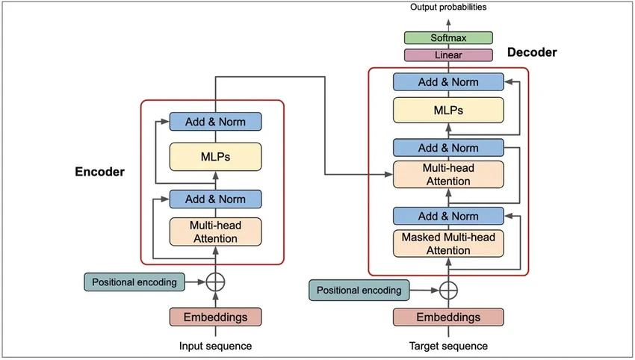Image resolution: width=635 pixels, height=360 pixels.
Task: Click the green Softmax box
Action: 448,37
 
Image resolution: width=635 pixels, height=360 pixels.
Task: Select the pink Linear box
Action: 448,55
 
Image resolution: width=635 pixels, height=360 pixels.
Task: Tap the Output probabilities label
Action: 448,7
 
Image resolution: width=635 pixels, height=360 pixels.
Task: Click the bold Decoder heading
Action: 532,52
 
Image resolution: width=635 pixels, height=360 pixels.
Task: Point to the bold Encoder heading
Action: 99,172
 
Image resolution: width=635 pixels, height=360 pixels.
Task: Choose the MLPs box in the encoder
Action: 215,156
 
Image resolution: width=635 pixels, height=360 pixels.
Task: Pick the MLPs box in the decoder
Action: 448,110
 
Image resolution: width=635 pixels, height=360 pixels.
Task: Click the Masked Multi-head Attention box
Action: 448,243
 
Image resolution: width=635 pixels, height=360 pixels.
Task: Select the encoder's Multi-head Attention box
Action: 215,231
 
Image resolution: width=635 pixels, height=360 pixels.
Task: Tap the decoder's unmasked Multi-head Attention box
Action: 448,174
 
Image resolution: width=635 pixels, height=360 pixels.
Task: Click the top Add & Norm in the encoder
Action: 215,121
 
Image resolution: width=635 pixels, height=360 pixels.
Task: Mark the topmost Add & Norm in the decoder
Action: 448,82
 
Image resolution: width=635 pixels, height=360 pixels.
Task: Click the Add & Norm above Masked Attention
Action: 448,217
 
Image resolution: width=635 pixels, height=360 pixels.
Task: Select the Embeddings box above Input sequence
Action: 215,317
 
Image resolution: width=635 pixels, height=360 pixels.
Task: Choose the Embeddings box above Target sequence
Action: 448,317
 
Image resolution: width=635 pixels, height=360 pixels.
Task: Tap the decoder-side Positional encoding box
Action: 359,290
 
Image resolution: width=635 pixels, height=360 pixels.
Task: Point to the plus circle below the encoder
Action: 215,282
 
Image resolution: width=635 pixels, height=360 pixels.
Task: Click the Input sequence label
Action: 215,346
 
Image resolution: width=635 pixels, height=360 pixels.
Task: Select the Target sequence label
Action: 448,346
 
